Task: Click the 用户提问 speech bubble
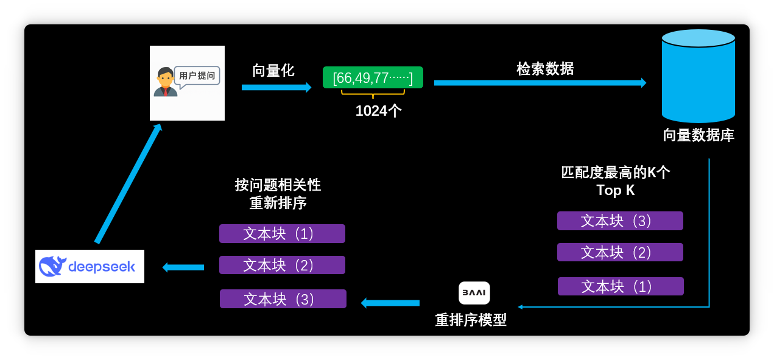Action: [197, 76]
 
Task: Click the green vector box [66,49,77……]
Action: [373, 77]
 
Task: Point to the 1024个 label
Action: [378, 111]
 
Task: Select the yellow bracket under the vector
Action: [373, 93]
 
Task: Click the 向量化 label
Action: [273, 71]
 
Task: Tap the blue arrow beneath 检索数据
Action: [540, 83]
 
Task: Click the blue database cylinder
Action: [698, 76]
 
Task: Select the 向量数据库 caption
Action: [698, 135]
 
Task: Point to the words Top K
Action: [615, 190]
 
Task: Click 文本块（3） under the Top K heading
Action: [620, 221]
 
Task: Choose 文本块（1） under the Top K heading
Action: [621, 286]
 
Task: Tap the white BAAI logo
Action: [474, 292]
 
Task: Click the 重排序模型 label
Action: [471, 320]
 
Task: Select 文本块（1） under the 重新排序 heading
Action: [282, 233]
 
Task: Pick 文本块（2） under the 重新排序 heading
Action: [282, 265]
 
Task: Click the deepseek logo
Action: [90, 266]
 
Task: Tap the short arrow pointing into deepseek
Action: [183, 267]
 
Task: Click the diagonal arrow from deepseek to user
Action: [128, 183]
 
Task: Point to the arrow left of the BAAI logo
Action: [390, 303]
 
